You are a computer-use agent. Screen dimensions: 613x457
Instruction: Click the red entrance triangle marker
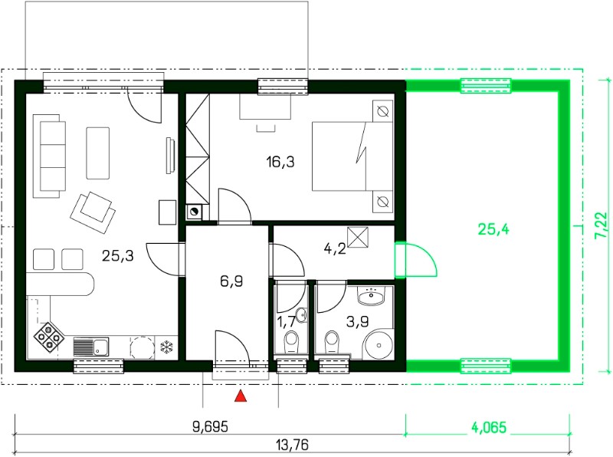point(241,396)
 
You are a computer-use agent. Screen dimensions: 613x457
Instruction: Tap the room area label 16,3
point(280,161)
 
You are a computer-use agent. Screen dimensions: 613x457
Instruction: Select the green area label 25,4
point(493,229)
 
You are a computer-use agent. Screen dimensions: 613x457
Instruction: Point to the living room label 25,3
point(118,256)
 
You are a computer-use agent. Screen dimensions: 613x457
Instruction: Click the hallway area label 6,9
point(231,281)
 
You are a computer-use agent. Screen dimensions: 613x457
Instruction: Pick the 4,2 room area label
point(335,248)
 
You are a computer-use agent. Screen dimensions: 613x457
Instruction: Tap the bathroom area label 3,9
point(357,321)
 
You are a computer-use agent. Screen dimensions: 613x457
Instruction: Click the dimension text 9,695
point(210,427)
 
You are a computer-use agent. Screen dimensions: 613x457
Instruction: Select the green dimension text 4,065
point(487,427)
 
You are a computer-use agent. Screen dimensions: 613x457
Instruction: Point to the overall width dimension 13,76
point(292,445)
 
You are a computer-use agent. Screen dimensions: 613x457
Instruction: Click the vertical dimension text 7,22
point(602,225)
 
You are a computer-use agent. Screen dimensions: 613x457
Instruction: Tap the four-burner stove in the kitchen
point(48,337)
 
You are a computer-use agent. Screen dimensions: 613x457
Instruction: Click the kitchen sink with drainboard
point(91,347)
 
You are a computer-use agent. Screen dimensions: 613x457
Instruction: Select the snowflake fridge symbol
point(167,347)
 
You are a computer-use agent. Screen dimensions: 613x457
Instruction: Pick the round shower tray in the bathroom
point(378,345)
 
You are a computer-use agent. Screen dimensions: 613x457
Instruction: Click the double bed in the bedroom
point(352,156)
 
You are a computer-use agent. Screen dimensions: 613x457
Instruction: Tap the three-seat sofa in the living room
point(49,156)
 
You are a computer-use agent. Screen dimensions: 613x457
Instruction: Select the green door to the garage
point(415,259)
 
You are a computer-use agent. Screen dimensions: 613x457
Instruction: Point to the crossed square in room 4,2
point(358,238)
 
